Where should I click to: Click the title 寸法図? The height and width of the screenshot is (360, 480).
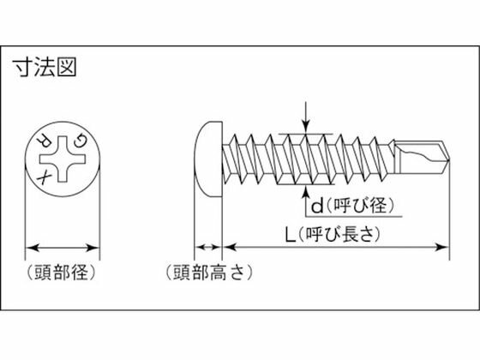(45, 68)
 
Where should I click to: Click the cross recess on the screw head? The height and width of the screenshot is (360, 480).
(63, 159)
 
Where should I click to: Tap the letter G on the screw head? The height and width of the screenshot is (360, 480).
(81, 141)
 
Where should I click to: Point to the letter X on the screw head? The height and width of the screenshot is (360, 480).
(44, 178)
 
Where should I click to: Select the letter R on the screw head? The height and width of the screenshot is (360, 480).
(44, 141)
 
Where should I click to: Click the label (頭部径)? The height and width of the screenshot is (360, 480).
(62, 273)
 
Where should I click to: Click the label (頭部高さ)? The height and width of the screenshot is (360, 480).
(209, 273)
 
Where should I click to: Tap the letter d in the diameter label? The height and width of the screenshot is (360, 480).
(317, 206)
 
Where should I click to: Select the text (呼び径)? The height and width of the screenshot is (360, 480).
(360, 206)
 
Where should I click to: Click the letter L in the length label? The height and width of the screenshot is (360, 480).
(291, 236)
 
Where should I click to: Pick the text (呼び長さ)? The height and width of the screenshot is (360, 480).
(339, 236)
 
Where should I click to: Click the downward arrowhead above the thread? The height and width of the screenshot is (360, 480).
(305, 128)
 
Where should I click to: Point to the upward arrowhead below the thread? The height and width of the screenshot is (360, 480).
(305, 191)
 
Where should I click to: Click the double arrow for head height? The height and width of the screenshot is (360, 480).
(207, 247)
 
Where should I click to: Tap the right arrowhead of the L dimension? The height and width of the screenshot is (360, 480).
(441, 247)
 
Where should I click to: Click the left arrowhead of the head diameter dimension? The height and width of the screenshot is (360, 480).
(33, 248)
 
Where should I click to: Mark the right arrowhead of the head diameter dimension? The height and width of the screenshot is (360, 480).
(93, 248)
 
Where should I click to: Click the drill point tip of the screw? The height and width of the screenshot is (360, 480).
(449, 159)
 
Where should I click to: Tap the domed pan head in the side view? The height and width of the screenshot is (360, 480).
(208, 159)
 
